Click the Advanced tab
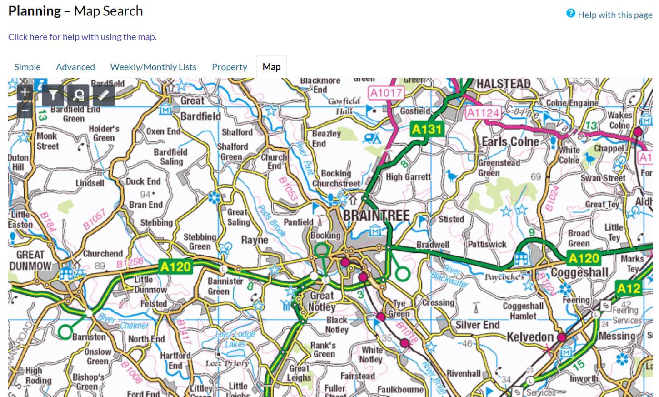coord(75,67)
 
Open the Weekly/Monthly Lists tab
coord(153,67)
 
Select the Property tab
coord(229,67)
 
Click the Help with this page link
coord(614,15)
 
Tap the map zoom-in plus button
coord(25,93)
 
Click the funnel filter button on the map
coord(53,95)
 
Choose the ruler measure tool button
coord(104,95)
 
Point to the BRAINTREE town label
coord(376,215)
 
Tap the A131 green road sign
coord(426,130)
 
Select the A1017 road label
coord(386,93)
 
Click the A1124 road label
coord(483,112)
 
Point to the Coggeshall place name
coord(579,272)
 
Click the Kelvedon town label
coord(530,337)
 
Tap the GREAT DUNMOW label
coord(30,260)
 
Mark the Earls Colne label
coord(510,141)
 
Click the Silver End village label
coord(477,325)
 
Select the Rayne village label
coord(255,240)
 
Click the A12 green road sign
coord(629,288)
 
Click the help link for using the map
coord(82,37)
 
